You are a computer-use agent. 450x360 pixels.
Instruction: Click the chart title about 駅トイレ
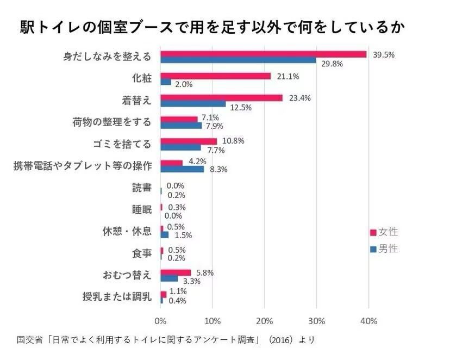click(x=212, y=27)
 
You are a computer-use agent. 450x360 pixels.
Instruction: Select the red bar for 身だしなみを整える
click(x=263, y=54)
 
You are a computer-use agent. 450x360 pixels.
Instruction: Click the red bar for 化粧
click(x=215, y=76)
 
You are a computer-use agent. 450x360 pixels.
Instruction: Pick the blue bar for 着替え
click(x=193, y=104)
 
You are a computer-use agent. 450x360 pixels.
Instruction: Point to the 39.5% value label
click(x=383, y=54)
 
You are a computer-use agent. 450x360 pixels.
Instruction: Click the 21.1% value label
click(x=288, y=76)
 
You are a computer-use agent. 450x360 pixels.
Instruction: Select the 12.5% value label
click(x=241, y=107)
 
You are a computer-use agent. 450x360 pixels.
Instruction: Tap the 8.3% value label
click(x=218, y=169)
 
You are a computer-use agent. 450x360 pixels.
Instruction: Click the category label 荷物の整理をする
click(x=111, y=122)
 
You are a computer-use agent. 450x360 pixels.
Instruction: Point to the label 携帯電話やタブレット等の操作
click(x=82, y=166)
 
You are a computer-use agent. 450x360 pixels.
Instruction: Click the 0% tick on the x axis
click(x=160, y=321)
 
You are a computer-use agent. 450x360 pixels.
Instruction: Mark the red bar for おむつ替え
click(x=176, y=272)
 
